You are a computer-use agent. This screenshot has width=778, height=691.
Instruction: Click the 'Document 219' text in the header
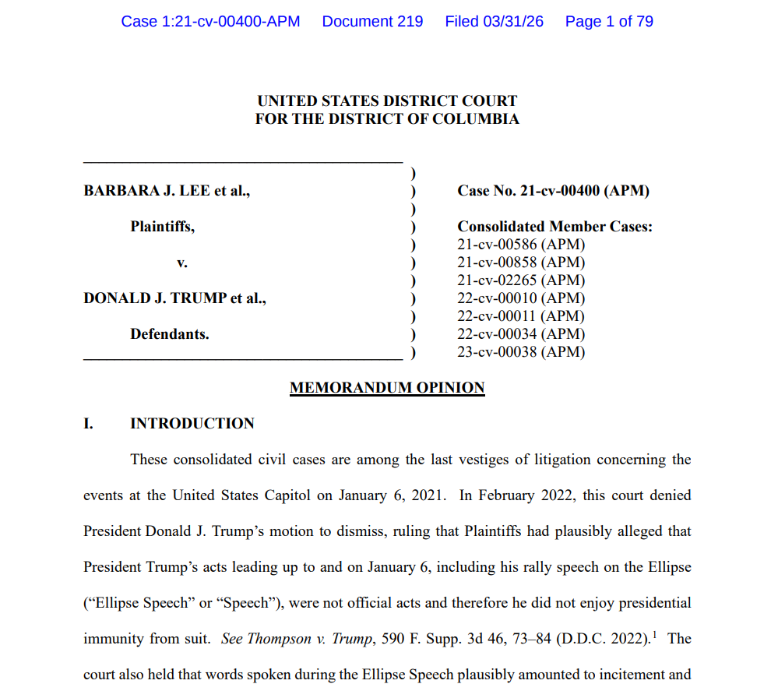(x=372, y=22)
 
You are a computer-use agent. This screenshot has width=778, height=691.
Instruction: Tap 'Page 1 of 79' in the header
(x=609, y=22)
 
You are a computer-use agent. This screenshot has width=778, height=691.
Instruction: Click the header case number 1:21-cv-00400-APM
(x=210, y=22)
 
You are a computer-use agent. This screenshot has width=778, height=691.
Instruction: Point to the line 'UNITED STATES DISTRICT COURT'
(x=387, y=101)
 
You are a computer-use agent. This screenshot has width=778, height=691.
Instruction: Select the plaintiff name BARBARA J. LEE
(x=147, y=191)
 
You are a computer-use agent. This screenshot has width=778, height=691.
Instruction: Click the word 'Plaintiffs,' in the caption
(x=162, y=227)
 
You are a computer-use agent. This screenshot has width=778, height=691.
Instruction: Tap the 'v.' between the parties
(x=182, y=263)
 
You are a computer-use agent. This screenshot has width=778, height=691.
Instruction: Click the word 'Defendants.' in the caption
(x=169, y=334)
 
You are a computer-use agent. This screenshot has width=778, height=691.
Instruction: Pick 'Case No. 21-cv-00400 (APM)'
(x=553, y=191)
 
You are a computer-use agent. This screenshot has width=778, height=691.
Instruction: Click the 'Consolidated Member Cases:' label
(x=554, y=227)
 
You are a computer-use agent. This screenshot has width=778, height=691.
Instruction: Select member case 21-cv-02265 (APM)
(x=521, y=280)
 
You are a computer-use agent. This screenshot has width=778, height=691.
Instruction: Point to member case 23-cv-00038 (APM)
(x=521, y=352)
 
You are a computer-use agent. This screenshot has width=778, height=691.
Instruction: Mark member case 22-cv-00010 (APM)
(x=521, y=298)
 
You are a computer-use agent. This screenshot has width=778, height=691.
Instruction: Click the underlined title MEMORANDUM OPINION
(x=387, y=388)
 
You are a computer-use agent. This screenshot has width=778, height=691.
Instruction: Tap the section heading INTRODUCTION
(x=192, y=424)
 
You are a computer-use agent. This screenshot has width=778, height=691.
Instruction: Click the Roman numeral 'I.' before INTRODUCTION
(x=89, y=424)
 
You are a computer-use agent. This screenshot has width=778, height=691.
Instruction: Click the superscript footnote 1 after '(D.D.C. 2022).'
(x=655, y=635)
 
